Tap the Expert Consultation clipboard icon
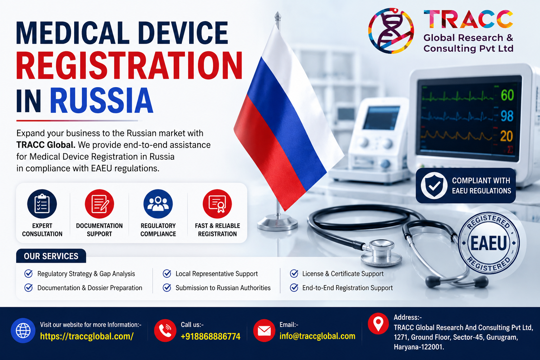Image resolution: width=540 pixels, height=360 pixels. pyautogui.click(x=42, y=204)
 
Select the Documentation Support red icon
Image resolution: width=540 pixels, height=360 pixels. pyautogui.click(x=99, y=204)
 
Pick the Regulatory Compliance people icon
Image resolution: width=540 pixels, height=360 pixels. pyautogui.click(x=158, y=204)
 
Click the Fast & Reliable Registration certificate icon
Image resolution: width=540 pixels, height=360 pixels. pyautogui.click(x=217, y=204)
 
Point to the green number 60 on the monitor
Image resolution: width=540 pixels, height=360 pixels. pyautogui.click(x=507, y=95)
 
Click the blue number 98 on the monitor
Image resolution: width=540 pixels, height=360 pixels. pyautogui.click(x=507, y=116)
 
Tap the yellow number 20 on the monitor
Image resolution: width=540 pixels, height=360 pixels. pyautogui.click(x=507, y=136)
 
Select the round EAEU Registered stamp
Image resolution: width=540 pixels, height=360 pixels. pyautogui.click(x=489, y=243)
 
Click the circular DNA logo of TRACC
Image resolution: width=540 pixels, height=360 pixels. pyautogui.click(x=391, y=31)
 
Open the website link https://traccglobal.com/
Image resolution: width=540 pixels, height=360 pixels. pyautogui.click(x=87, y=336)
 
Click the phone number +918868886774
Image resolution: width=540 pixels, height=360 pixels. pyautogui.click(x=211, y=336)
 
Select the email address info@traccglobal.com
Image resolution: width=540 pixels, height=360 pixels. pyautogui.click(x=317, y=336)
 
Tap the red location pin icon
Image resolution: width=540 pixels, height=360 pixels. pyautogui.click(x=378, y=323)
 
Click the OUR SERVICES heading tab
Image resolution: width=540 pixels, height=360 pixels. pyautogui.click(x=51, y=256)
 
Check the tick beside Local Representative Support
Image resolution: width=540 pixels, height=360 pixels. pyautogui.click(x=167, y=274)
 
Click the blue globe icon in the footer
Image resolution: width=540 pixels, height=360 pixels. pyautogui.click(x=23, y=330)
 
